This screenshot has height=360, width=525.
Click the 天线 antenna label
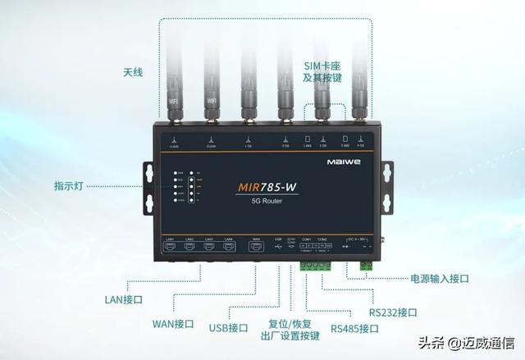[133, 72]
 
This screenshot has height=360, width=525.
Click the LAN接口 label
[124, 299]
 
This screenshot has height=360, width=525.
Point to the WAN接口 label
[173, 323]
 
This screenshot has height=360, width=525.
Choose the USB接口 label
[228, 328]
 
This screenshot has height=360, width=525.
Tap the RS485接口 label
[354, 329]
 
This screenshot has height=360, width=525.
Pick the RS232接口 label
[392, 312]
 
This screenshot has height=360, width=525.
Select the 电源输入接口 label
[440, 279]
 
